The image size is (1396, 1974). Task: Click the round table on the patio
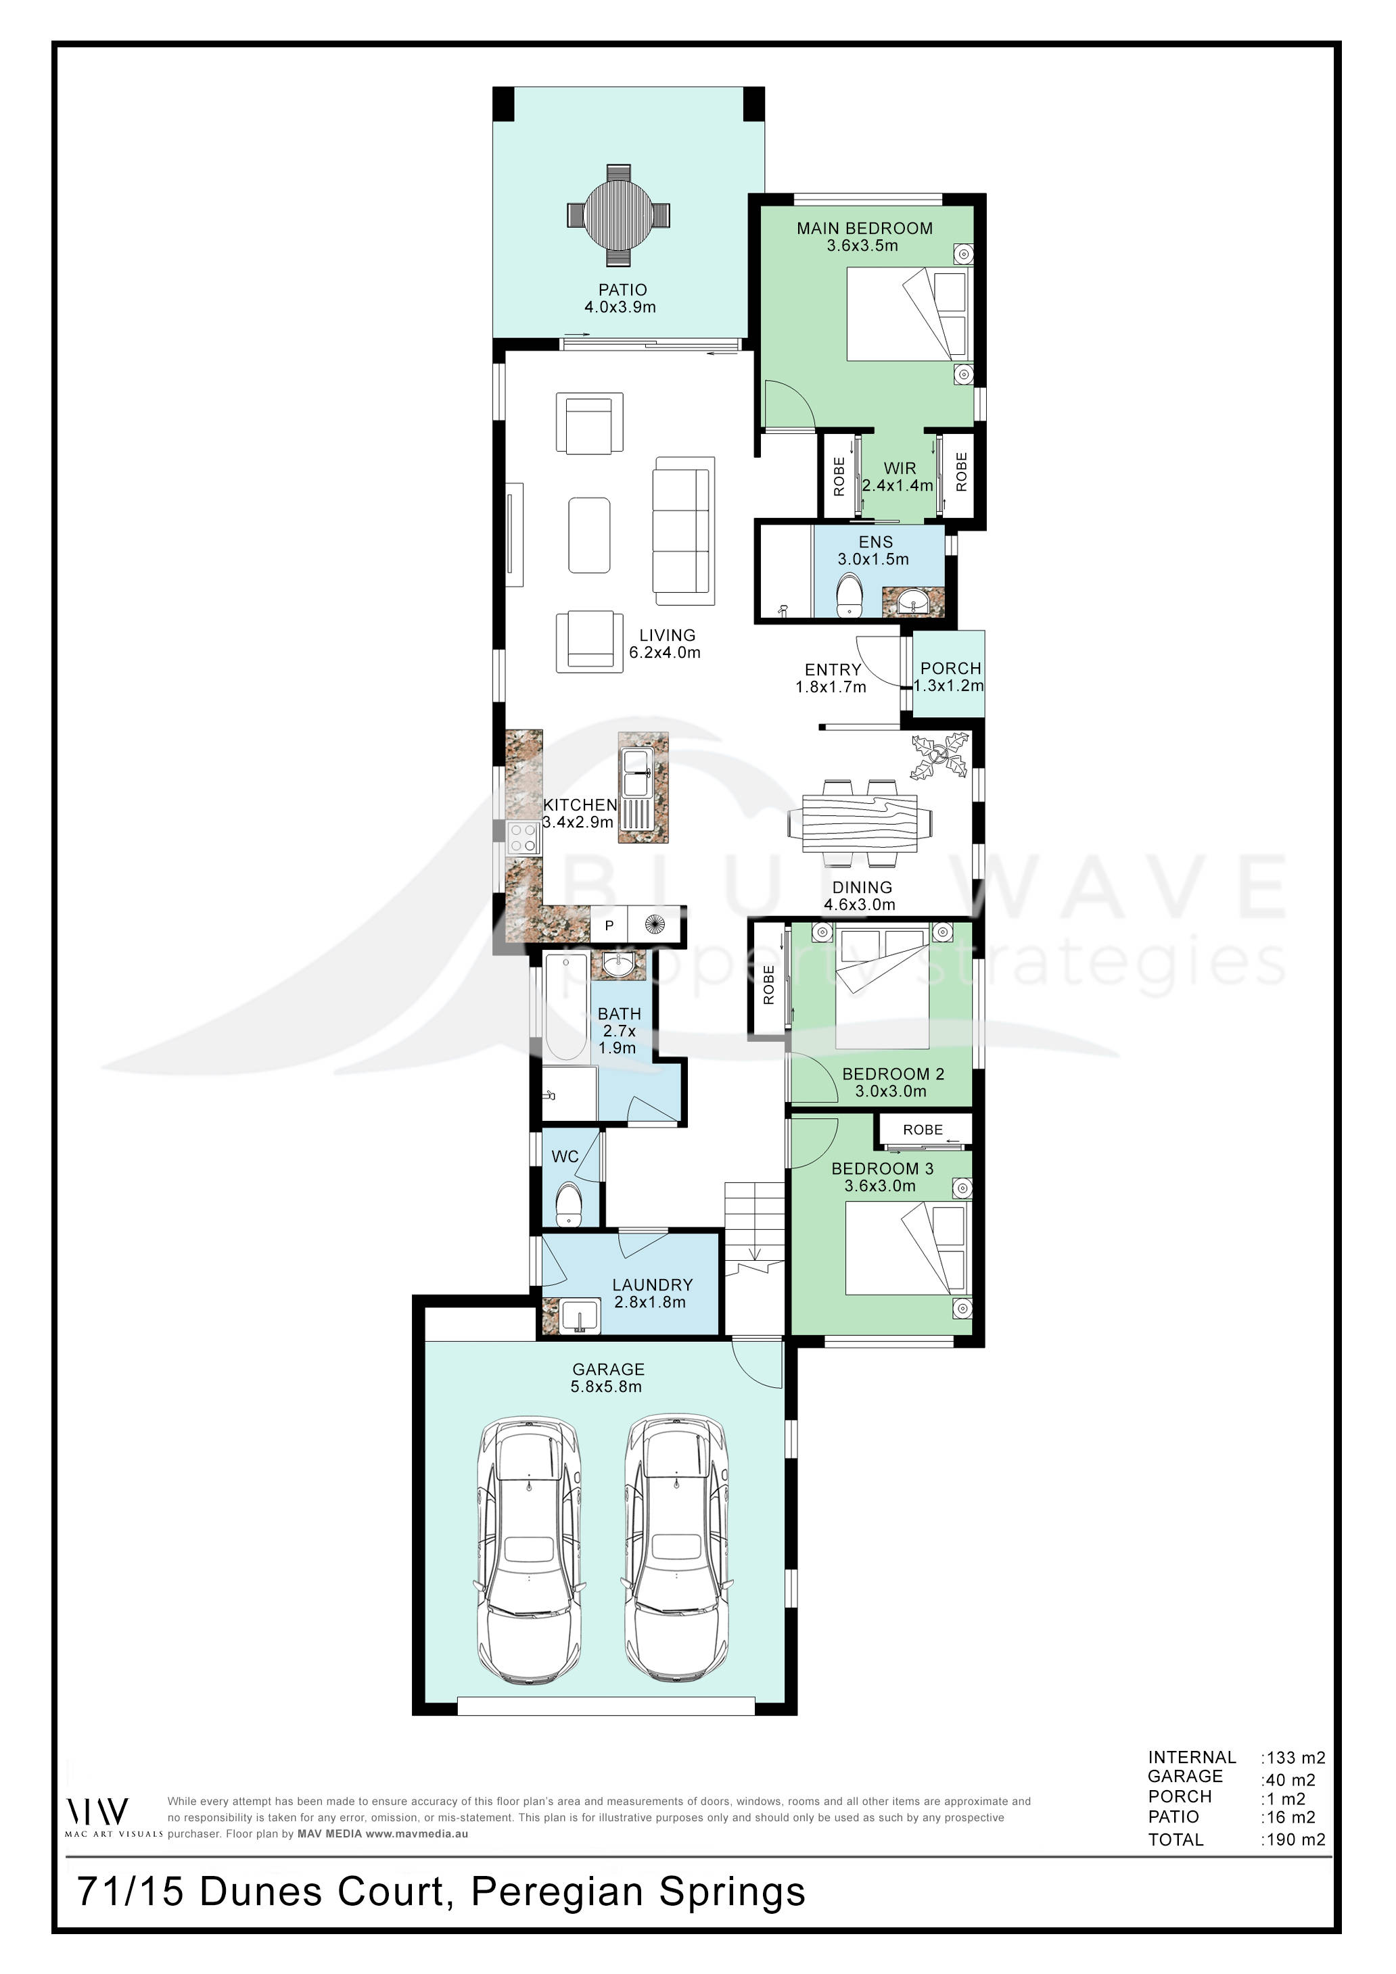pos(618,215)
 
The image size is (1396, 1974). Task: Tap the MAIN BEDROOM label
pos(864,228)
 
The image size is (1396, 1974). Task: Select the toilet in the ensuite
pos(850,595)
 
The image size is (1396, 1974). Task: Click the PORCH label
pos(950,668)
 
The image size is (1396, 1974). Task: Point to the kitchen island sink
pos(636,772)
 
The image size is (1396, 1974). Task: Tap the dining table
pos(860,823)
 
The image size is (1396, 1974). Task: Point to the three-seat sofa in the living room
pos(684,531)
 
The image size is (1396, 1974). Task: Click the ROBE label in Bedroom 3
pos(922,1130)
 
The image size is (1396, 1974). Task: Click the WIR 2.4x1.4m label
pos(899,477)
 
